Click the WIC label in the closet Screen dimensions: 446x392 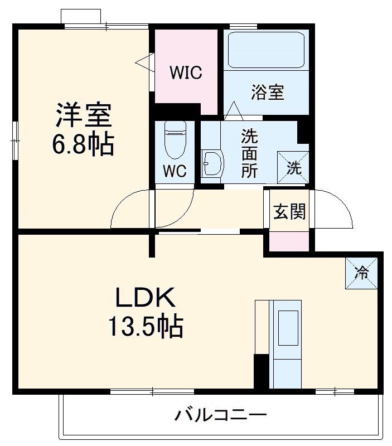coord(186,73)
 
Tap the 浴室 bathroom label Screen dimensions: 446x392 coord(268,93)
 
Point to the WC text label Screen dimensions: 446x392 coord(175,171)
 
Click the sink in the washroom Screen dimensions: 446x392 coord(212,163)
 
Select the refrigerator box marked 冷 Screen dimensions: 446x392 coord(362,273)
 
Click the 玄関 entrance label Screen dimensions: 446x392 coord(289,211)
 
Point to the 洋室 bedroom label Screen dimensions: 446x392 coord(84,115)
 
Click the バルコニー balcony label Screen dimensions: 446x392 coord(221,415)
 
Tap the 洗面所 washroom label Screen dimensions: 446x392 coord(249,153)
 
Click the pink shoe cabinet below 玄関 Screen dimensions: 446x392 coord(289,240)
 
